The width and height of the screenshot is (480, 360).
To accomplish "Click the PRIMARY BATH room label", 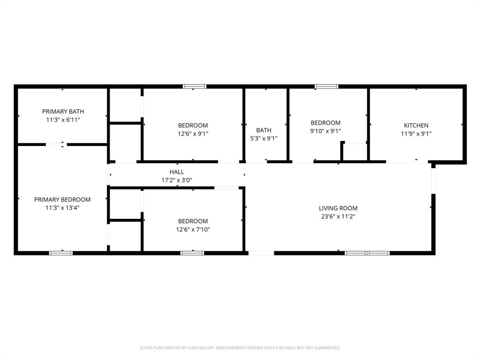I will (x=63, y=112).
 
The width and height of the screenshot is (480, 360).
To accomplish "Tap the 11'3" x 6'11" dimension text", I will (x=63, y=120).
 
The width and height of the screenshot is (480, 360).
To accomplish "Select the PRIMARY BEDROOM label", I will (x=62, y=200).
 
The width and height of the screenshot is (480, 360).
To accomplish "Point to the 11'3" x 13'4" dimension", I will (x=62, y=208).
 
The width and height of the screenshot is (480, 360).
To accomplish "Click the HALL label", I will (x=177, y=172).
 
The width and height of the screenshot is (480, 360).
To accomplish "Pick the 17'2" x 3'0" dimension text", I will (x=177, y=180).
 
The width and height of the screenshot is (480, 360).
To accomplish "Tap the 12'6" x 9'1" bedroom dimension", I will (x=193, y=134).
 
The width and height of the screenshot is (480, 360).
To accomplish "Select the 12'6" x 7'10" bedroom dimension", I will (x=193, y=229).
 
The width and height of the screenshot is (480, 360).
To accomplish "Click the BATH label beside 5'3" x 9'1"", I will (x=263, y=130).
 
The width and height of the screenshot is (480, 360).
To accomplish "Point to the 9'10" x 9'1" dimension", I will (x=325, y=131).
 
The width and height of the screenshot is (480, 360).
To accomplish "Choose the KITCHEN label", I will (x=416, y=126).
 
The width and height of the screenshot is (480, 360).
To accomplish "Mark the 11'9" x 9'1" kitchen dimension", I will (x=416, y=134).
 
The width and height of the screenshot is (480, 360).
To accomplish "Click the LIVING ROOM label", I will (x=338, y=208).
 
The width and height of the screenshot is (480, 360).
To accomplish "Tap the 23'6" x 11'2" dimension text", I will (x=338, y=216).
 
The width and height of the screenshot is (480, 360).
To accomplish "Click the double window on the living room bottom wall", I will (x=367, y=253).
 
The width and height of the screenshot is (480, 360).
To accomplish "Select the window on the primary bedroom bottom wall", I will (x=61, y=253).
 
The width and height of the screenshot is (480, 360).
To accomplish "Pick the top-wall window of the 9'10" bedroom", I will (x=326, y=86).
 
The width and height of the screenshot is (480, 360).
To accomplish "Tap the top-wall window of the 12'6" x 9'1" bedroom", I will (x=195, y=86).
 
